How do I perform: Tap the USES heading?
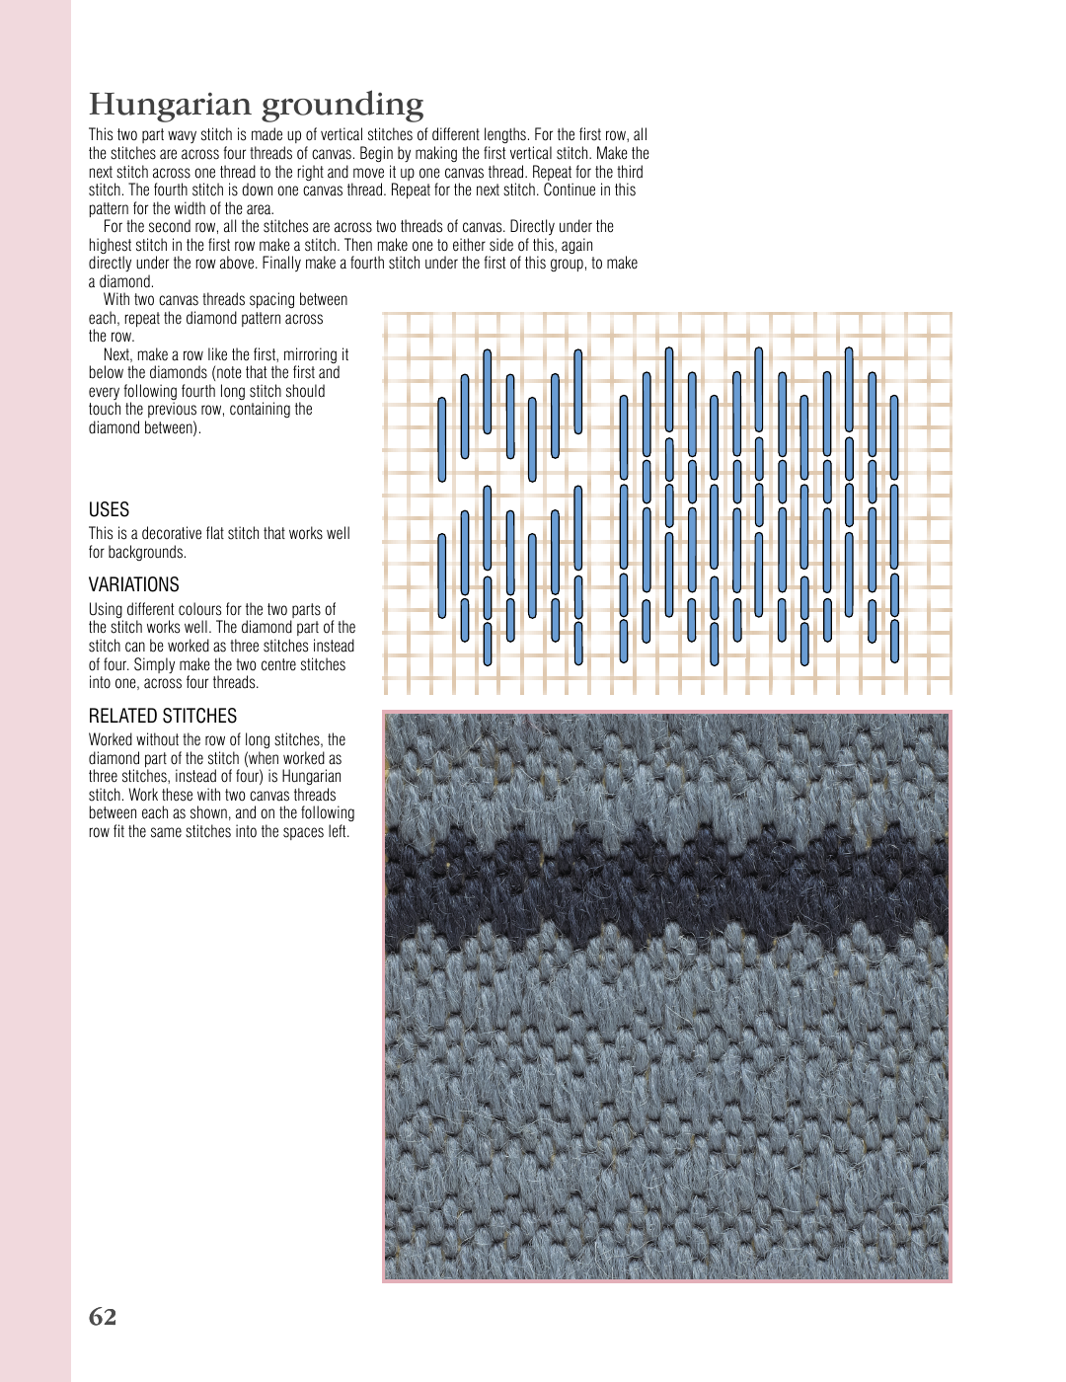pos(109,509)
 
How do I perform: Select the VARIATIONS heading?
pos(134,584)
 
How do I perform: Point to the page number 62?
pos(103,1317)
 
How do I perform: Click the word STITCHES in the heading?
pos(204,716)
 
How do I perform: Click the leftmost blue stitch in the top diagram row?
pos(442,439)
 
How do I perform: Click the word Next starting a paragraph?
pos(117,355)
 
